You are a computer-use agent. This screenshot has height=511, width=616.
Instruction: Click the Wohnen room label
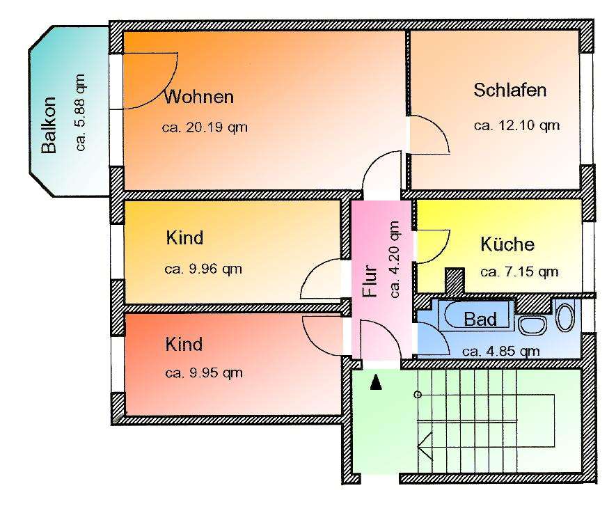(198, 97)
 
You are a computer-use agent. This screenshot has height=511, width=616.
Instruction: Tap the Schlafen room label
(510, 90)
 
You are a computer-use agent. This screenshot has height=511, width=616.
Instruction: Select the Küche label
(507, 244)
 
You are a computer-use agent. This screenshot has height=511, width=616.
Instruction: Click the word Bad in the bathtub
(480, 320)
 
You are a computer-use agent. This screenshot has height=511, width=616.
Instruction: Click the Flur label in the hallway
(371, 281)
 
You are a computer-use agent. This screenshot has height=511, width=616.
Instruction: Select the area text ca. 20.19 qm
(205, 127)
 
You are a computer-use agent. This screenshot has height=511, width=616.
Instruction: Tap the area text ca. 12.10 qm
(516, 125)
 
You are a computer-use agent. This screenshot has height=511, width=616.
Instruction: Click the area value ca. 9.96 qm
(204, 269)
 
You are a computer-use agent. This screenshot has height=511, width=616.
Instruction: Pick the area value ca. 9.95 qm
(204, 372)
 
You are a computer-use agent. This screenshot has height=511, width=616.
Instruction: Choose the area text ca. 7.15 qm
(519, 272)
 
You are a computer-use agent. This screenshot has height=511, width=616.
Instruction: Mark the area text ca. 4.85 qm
(500, 351)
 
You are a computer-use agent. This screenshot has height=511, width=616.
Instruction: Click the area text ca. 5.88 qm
(81, 112)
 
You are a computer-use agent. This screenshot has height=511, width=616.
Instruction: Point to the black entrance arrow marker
(376, 382)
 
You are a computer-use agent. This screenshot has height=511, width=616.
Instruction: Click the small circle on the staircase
(418, 395)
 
